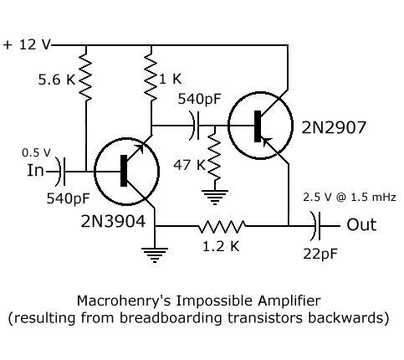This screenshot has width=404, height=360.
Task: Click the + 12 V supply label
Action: (x=27, y=44)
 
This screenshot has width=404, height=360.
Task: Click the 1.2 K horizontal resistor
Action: (x=222, y=226)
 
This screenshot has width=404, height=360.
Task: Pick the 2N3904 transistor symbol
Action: (x=126, y=172)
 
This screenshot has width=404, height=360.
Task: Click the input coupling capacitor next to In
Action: (x=61, y=172)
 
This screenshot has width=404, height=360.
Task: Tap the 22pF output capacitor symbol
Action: (x=316, y=226)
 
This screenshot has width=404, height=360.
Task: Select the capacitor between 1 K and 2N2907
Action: (x=195, y=126)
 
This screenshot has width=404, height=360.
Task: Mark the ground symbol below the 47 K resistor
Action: (x=215, y=198)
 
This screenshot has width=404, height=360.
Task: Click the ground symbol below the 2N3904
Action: (x=155, y=255)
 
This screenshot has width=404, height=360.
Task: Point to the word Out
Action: (x=361, y=224)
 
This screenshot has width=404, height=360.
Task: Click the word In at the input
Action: (x=35, y=170)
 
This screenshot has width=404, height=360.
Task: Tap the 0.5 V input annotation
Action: (x=36, y=152)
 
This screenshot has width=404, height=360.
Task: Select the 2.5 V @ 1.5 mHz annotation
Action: (x=350, y=198)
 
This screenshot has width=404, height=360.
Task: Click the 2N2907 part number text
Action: (x=334, y=127)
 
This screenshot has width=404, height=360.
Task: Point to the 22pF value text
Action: (x=320, y=254)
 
